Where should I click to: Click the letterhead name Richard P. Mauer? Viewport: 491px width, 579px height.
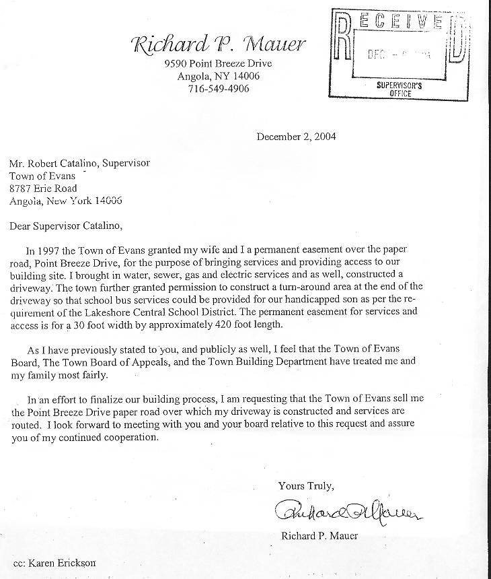pyautogui.click(x=219, y=46)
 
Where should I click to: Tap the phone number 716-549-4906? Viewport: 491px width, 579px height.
pyautogui.click(x=219, y=88)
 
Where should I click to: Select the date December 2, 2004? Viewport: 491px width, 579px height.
pyautogui.click(x=296, y=137)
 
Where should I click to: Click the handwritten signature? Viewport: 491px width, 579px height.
pyautogui.click(x=346, y=514)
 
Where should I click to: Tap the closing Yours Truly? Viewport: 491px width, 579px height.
pyautogui.click(x=305, y=485)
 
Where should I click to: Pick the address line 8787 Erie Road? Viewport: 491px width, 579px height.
pyautogui.click(x=43, y=189)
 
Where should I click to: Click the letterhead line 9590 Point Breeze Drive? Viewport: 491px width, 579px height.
pyautogui.click(x=218, y=64)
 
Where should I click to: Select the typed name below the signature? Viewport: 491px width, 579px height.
pyautogui.click(x=320, y=536)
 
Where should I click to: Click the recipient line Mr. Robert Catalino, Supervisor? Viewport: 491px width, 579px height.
pyautogui.click(x=79, y=163)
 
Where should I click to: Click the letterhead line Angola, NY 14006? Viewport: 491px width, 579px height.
pyautogui.click(x=218, y=76)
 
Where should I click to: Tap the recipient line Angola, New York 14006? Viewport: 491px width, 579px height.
pyautogui.click(x=65, y=201)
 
